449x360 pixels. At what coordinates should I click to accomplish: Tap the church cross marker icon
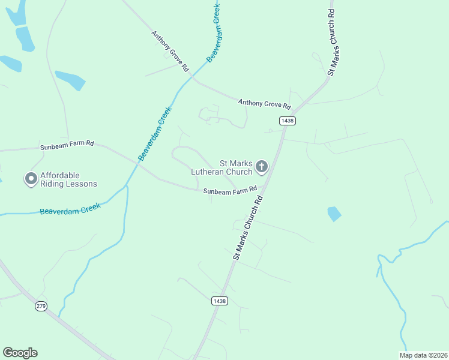(x=262, y=166)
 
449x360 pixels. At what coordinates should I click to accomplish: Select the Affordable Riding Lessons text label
(x=68, y=180)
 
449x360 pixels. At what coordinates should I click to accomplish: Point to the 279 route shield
(x=41, y=306)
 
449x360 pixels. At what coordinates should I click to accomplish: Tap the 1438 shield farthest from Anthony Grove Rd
(x=219, y=301)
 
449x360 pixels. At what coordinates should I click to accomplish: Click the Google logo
(x=20, y=353)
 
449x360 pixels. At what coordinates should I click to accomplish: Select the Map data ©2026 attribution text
(x=423, y=355)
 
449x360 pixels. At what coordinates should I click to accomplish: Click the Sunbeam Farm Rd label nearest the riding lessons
(x=67, y=145)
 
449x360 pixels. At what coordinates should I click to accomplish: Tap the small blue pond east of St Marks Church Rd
(x=334, y=214)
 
